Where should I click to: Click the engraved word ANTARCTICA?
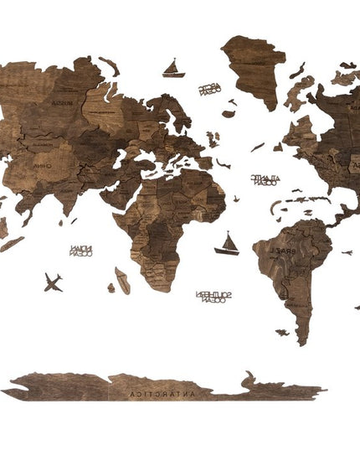click(154, 391)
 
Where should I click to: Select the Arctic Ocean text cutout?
click(209, 89)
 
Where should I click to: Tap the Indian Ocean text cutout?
click(81, 250)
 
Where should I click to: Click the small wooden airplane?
click(53, 282)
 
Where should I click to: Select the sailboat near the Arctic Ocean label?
click(173, 69)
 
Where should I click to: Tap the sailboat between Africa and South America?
click(227, 245)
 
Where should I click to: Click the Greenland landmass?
click(253, 67)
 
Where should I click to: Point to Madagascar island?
click(122, 280)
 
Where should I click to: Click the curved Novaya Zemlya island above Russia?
click(109, 65)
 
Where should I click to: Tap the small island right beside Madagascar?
click(111, 288)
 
